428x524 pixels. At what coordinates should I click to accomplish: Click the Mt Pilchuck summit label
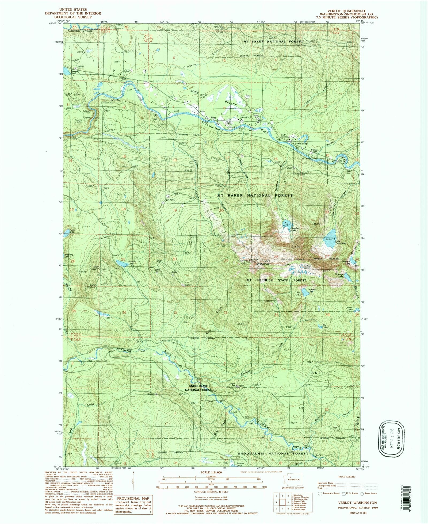(263, 264)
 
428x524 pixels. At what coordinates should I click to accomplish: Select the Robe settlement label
(213, 117)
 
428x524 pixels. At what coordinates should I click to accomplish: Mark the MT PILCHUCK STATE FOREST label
(276, 280)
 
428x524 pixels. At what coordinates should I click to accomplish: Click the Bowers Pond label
(74, 72)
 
